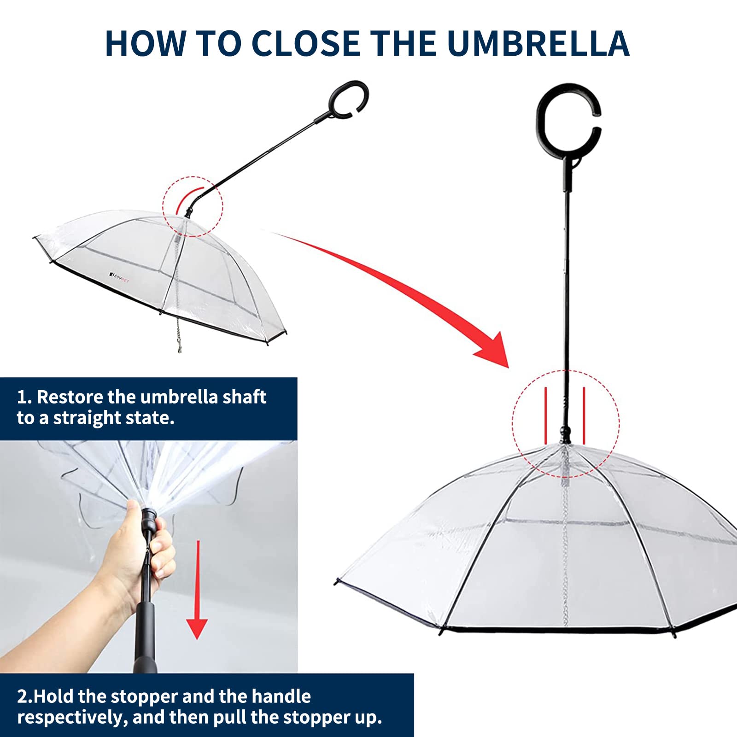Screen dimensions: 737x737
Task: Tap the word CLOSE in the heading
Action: (306, 43)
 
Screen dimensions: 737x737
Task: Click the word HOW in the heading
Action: (145, 43)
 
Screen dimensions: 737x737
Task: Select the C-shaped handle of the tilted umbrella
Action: (349, 100)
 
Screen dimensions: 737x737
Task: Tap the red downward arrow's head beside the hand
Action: (197, 627)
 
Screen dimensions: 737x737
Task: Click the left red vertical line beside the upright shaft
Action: (546, 415)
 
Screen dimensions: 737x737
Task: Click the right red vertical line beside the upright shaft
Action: (584, 415)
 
